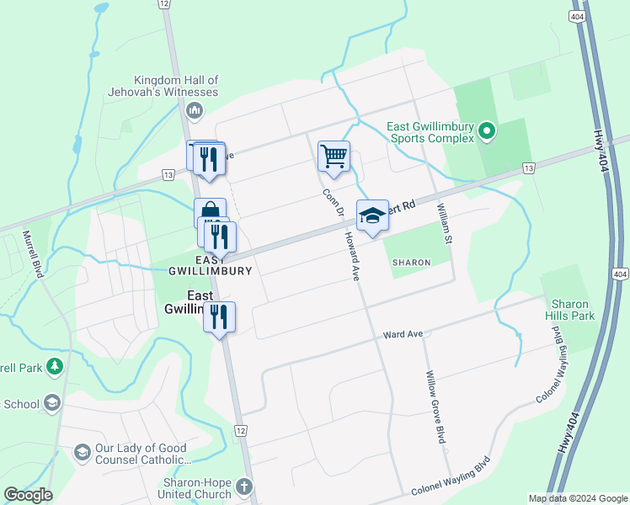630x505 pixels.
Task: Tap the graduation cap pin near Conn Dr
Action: [372, 216]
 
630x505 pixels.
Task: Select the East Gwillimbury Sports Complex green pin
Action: [486, 131]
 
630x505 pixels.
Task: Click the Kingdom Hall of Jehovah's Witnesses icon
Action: [195, 110]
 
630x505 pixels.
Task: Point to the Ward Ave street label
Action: [403, 334]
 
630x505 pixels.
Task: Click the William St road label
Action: [444, 218]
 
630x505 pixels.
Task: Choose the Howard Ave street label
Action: [351, 257]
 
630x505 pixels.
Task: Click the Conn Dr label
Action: [329, 205]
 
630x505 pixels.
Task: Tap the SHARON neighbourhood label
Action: [411, 263]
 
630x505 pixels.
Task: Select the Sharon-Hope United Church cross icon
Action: [243, 487]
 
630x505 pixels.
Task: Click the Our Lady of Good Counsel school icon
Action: [82, 453]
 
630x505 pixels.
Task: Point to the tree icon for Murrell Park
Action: [55, 367]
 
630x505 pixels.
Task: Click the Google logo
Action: [28, 495]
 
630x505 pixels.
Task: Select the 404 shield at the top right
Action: [579, 16]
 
